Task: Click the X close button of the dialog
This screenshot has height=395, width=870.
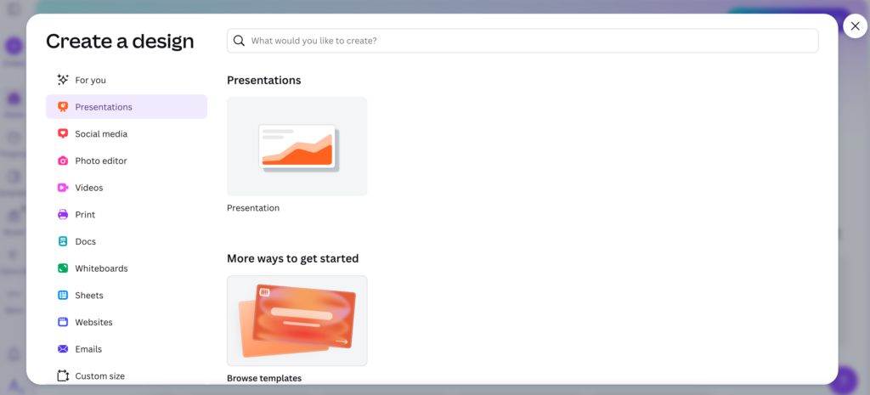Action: [855, 26]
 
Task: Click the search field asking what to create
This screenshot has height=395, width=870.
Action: [527, 41]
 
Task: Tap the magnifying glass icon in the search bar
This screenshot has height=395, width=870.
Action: [240, 41]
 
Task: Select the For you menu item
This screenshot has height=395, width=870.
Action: [90, 80]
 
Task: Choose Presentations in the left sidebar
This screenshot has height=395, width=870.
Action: [104, 107]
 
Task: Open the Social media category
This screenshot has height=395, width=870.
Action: [101, 134]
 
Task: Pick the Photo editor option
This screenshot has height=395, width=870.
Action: [100, 161]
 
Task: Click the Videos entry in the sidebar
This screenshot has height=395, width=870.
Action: [88, 188]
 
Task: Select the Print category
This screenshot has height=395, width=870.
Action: [85, 215]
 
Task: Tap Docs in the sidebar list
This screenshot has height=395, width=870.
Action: [85, 241]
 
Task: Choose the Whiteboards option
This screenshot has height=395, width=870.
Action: [101, 268]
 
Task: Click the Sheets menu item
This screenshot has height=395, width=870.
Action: [89, 296]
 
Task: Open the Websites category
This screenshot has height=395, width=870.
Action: [93, 322]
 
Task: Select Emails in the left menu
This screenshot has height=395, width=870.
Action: [88, 349]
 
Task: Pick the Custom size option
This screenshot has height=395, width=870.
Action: [99, 375]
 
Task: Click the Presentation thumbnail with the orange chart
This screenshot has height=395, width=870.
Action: [297, 146]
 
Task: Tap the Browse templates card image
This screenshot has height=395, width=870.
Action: [297, 320]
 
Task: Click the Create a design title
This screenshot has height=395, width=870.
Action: [120, 41]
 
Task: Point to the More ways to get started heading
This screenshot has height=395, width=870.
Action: [292, 258]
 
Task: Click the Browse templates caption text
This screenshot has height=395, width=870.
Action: [263, 378]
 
